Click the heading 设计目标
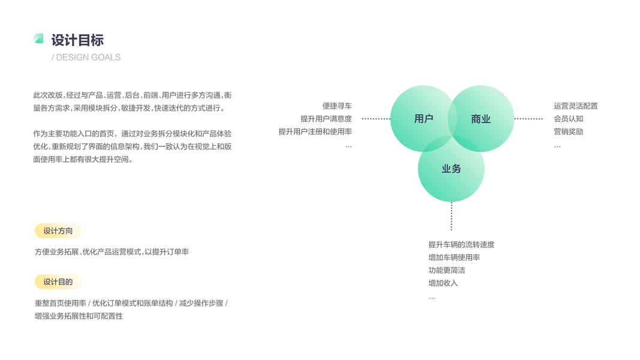[x=77, y=40]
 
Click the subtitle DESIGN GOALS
[x=88, y=58]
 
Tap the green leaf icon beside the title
[x=38, y=38]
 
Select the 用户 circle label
[x=423, y=119]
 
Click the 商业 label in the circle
[x=480, y=119]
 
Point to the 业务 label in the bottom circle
[x=451, y=169]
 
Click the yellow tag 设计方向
[x=58, y=231]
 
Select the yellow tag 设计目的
[x=58, y=282]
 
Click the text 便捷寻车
[x=337, y=106]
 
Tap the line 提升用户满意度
[x=326, y=119]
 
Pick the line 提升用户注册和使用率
[x=316, y=131]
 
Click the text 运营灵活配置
[x=576, y=106]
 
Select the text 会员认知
[x=569, y=119]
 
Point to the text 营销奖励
[x=569, y=131]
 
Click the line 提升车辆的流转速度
[x=461, y=245]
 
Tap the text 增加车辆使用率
[x=454, y=257]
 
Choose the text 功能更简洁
[x=447, y=271]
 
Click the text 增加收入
[x=443, y=283]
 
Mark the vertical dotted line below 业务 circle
[x=452, y=216]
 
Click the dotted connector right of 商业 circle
[x=528, y=119]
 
